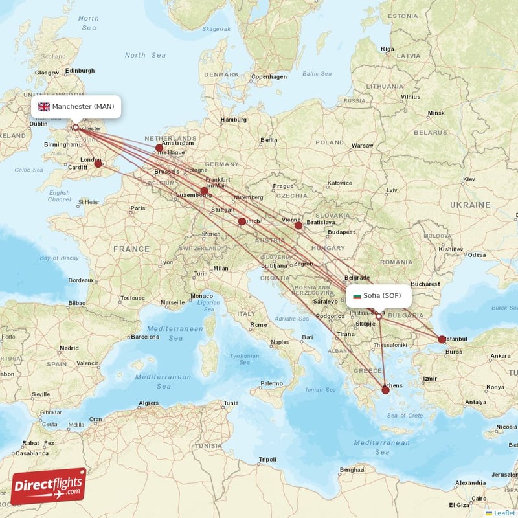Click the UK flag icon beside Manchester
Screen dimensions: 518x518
click(44, 107)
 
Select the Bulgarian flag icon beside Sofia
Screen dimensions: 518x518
click(356, 296)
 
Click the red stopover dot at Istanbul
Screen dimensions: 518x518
click(442, 339)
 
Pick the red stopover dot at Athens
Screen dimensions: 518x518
click(385, 390)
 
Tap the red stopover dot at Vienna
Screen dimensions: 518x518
click(298, 225)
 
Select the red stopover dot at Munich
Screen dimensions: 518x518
click(242, 221)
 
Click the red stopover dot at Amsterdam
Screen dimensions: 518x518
click(159, 148)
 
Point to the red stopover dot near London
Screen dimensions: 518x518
click(98, 164)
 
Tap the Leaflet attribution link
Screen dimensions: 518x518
click(501, 513)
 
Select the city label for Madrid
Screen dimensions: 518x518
click(69, 348)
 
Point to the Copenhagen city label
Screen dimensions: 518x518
click(269, 76)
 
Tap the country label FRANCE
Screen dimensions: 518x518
click(131, 249)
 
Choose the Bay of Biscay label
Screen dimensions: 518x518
click(60, 258)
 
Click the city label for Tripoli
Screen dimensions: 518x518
click(267, 459)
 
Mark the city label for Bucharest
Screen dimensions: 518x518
click(425, 284)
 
